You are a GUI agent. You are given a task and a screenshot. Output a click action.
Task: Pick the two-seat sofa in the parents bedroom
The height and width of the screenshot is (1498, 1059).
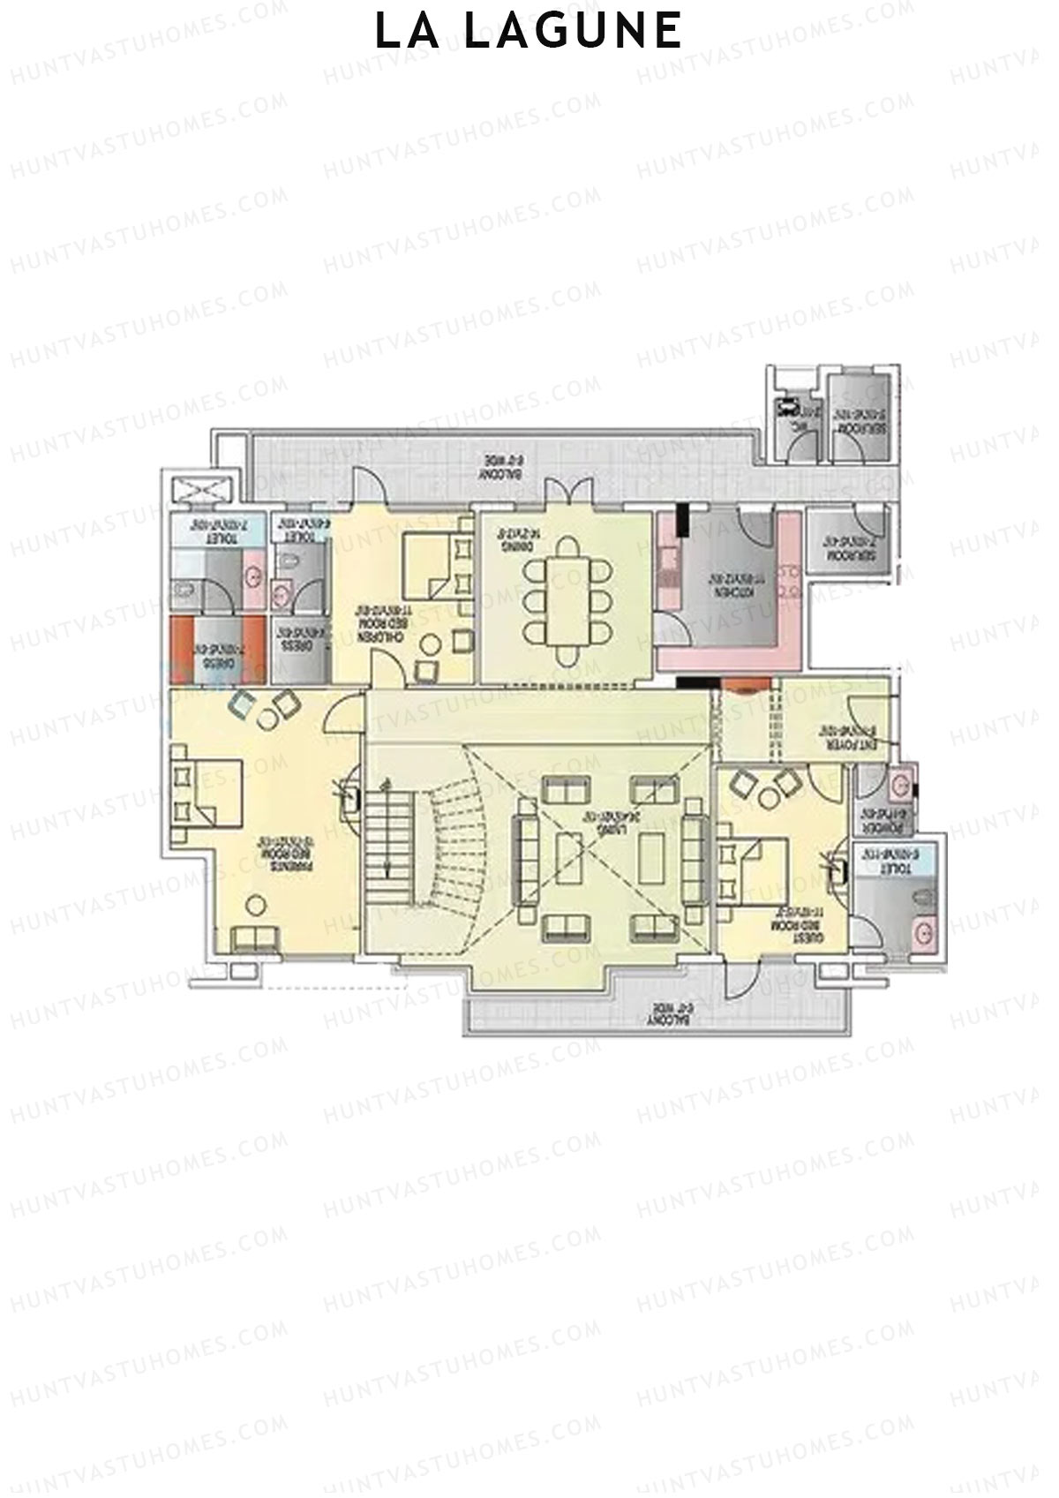(256, 939)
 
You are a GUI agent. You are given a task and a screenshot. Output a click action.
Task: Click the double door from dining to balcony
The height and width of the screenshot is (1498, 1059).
(565, 492)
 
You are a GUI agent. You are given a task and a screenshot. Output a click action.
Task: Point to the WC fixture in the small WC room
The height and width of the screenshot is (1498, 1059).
(785, 410)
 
